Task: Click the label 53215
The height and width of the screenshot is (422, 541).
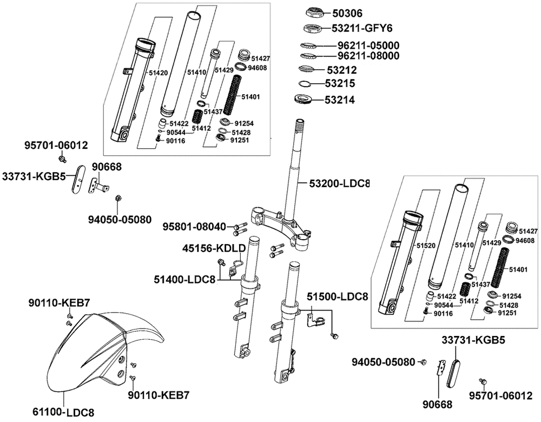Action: (x=340, y=84)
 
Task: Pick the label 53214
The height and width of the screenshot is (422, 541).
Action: (x=340, y=100)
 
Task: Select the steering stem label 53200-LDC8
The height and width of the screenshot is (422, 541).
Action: (x=339, y=184)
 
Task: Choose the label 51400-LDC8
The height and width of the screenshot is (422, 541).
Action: (x=184, y=280)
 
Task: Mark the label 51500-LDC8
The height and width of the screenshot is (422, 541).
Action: (x=338, y=296)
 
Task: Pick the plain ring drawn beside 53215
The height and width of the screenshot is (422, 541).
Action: (x=305, y=84)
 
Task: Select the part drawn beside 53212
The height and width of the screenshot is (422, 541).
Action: (x=306, y=69)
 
